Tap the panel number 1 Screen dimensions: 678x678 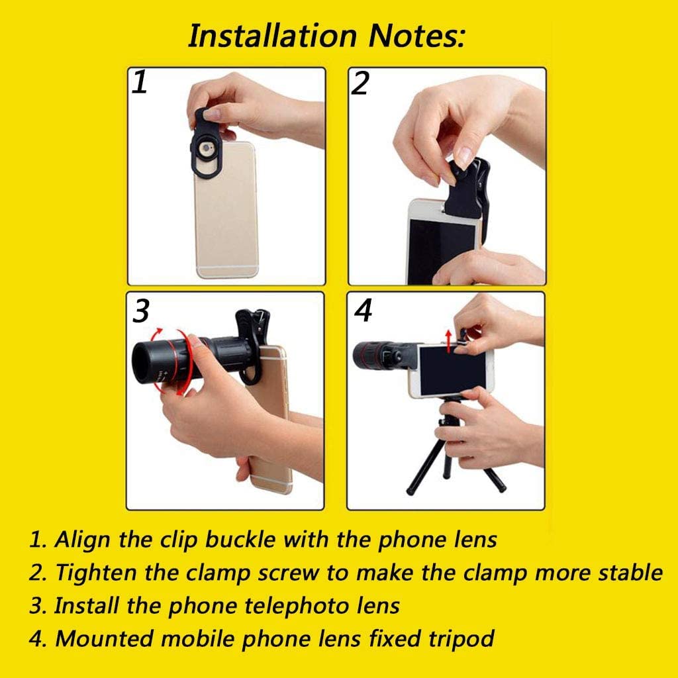tap(140, 82)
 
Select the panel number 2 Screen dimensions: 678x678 tap(360, 83)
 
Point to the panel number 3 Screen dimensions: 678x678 tap(141, 311)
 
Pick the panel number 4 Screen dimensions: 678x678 tap(363, 311)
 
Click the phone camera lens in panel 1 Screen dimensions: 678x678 tap(207, 149)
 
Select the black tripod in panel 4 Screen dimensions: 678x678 tap(454, 450)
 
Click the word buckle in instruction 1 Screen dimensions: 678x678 tap(240, 540)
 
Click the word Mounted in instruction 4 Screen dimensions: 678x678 tap(104, 639)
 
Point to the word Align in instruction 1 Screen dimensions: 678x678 tap(81, 540)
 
